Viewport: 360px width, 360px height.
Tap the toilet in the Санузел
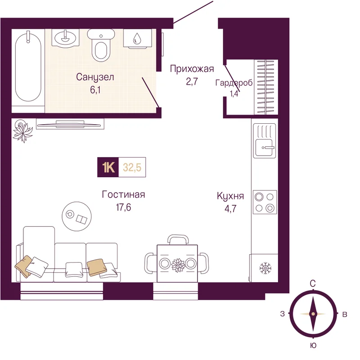pos(101,45)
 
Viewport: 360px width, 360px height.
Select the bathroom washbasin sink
pos(65,38)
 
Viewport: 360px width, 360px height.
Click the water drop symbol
pos(137,38)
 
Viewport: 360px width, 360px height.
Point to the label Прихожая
pos(192,69)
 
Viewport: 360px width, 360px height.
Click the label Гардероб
pos(234,83)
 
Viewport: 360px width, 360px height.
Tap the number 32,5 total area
pos(132,167)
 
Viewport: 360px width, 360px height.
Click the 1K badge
pos(108,167)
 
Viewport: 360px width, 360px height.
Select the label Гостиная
pos(123,195)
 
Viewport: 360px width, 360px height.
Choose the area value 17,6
pos(123,207)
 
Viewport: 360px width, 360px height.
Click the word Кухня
pos(230,196)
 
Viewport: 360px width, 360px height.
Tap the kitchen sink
pos(265,140)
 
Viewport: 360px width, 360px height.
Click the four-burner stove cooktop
pos(265,202)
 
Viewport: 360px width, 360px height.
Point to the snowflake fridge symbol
pos(265,268)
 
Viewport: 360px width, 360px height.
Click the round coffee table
pos(76,216)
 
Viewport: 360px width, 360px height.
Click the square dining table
pos(177,263)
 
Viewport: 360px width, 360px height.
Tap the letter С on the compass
pos(313,284)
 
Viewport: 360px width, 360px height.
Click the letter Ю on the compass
pos(313,345)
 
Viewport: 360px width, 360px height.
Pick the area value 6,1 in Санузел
pos(95,90)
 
